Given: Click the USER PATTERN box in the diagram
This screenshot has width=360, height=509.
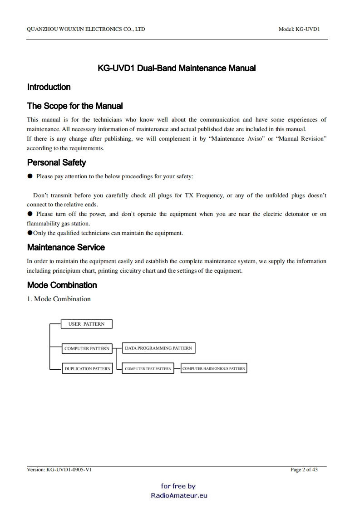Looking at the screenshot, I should point(86,324).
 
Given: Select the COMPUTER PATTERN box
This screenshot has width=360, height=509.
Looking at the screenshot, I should point(87,348).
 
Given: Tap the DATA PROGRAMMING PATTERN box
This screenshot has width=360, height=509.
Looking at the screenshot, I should point(158,348).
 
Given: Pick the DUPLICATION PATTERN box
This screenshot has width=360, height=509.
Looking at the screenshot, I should point(87,369).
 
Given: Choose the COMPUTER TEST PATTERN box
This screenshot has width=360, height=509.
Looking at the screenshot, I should point(148,369).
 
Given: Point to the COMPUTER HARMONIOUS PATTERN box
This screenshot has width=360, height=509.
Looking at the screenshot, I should point(213,368).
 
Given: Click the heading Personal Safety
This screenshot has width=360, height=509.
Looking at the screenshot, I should point(56,162).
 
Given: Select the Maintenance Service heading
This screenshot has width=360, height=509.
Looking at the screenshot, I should point(66,247).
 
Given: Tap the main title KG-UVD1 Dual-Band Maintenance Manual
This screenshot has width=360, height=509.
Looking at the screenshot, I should point(177,69).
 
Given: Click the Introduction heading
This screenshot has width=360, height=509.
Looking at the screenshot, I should point(49,87).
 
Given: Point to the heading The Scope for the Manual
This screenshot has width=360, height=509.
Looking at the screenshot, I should point(75,106).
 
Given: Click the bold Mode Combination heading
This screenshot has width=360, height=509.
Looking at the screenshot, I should point(62,285).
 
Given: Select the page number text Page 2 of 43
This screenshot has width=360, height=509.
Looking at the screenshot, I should point(304,470).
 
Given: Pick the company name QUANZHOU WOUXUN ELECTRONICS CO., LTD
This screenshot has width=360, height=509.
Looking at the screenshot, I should point(86,29).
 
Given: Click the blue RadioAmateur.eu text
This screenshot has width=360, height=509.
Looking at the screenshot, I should point(179,495).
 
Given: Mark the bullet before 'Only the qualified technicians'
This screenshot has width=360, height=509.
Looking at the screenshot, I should point(30,233).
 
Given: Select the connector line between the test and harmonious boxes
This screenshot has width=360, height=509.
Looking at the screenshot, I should point(177,369).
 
